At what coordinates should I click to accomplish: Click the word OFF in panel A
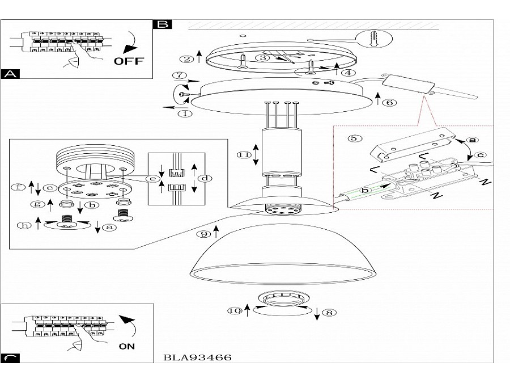click(129, 61)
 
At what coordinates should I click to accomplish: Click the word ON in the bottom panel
click(127, 346)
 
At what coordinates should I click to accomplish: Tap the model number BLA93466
click(197, 357)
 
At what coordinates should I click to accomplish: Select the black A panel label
click(10, 74)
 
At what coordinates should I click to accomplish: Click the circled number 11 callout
click(244, 155)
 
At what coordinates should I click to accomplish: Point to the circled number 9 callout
click(204, 234)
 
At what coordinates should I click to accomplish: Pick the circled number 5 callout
click(355, 138)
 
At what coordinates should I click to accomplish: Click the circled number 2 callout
click(186, 59)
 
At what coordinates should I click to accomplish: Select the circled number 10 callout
click(235, 311)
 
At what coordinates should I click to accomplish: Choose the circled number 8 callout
click(329, 313)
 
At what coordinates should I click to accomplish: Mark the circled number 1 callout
click(185, 113)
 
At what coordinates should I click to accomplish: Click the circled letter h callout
click(24, 225)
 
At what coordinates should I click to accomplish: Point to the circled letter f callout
click(18, 187)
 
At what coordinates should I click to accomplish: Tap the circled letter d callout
click(205, 178)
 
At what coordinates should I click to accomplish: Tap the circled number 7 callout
click(179, 75)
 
